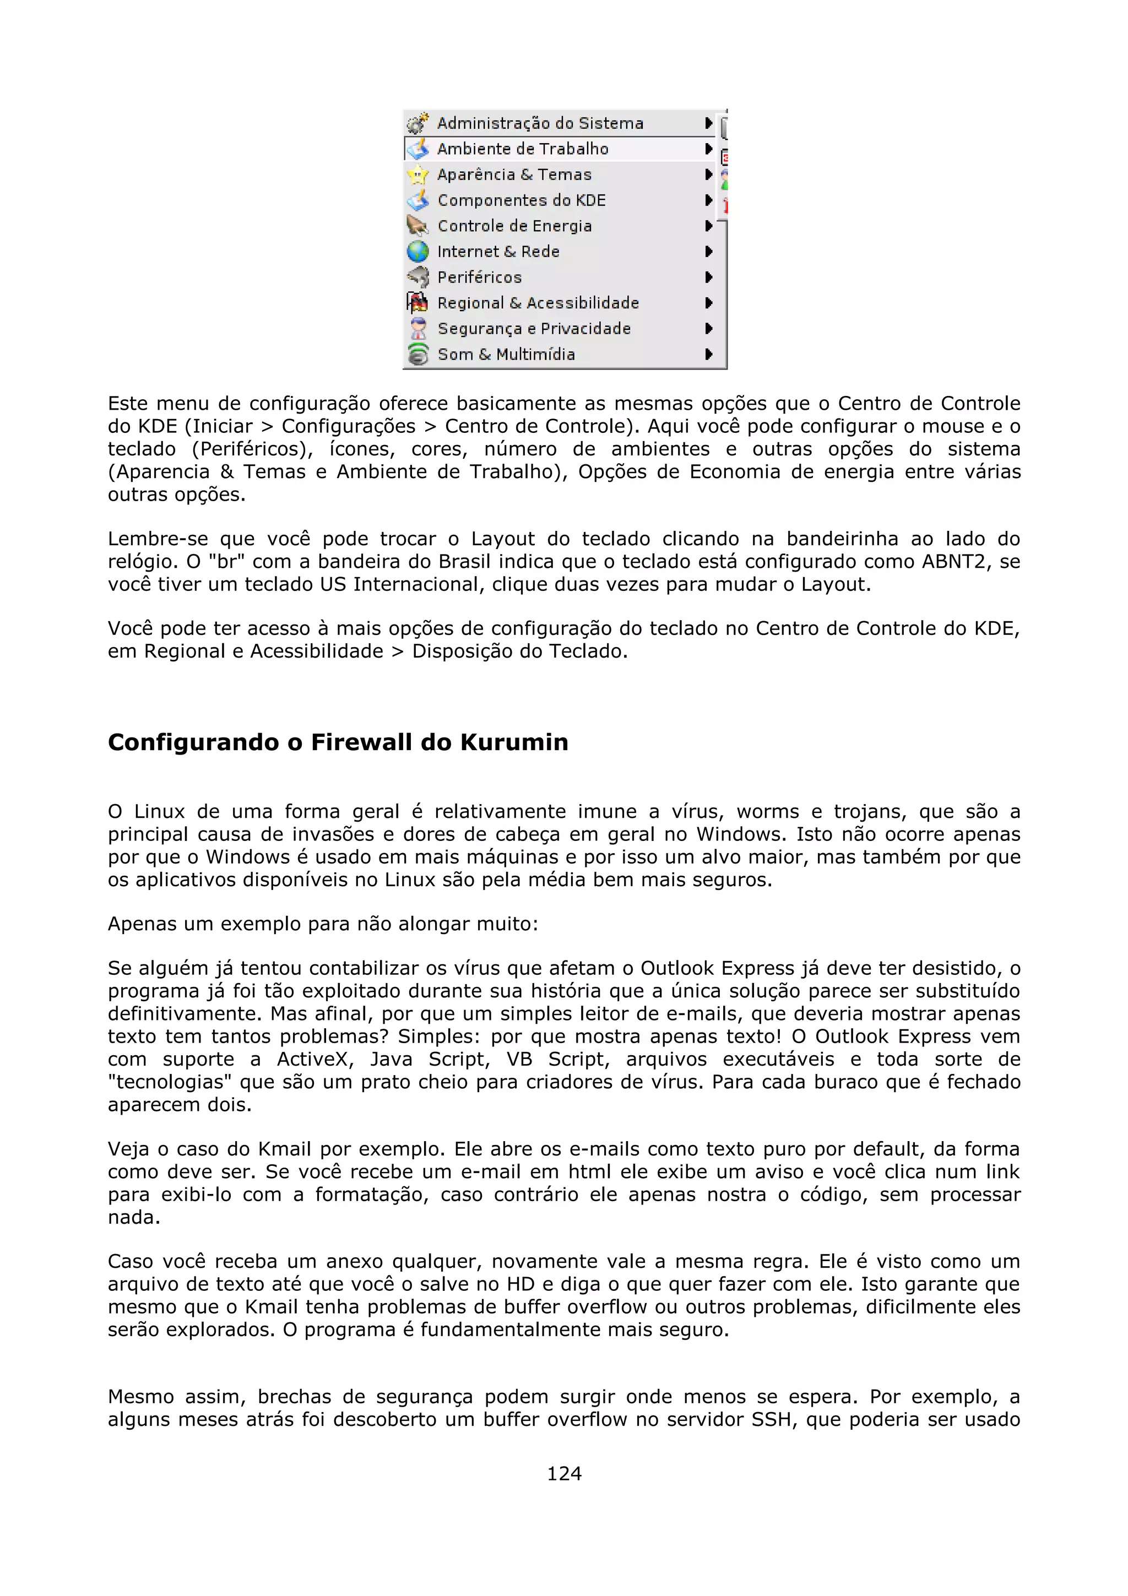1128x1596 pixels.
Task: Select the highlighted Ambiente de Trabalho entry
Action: (523, 149)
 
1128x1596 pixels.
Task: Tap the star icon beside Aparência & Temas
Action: (417, 175)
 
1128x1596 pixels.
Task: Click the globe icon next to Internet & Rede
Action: (417, 251)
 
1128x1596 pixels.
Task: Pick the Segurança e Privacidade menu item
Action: (534, 329)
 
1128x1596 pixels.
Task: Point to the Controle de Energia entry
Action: (514, 226)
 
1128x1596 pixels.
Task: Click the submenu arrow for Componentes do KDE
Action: (708, 200)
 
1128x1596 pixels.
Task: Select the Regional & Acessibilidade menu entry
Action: (538, 303)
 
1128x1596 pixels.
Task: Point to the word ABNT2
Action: (956, 562)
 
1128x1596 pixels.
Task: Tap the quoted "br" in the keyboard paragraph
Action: (226, 562)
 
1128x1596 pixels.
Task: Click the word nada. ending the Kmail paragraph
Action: (133, 1218)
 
